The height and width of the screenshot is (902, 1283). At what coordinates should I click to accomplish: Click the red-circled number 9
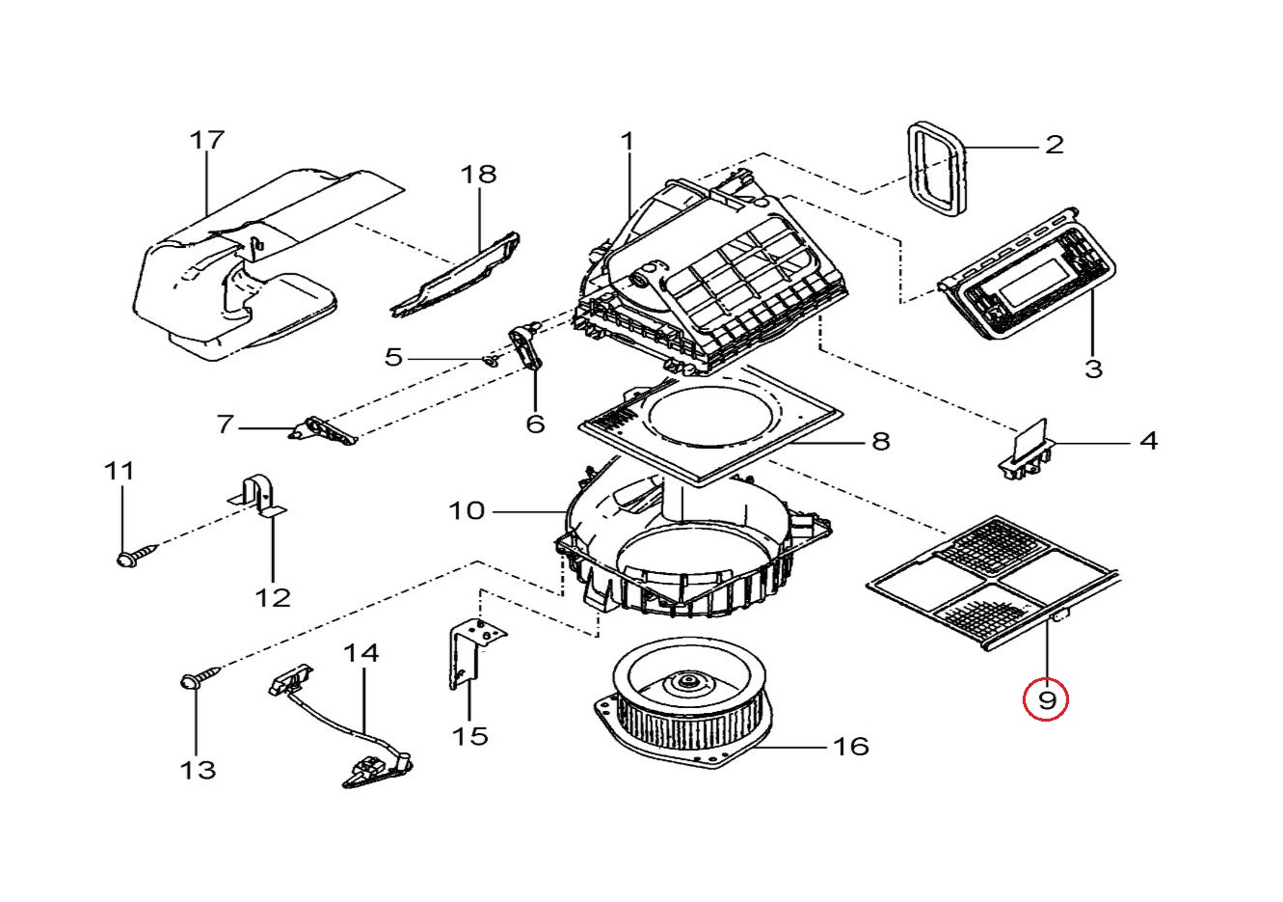1047,697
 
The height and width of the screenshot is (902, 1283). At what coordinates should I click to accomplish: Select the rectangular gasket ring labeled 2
937,169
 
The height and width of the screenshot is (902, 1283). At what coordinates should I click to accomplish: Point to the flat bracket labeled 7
325,432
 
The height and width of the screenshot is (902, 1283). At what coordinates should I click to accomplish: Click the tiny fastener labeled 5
491,361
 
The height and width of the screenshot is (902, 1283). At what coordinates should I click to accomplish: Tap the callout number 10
467,509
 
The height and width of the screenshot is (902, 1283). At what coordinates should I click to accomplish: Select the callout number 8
880,442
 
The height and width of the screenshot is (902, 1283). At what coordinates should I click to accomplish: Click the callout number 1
628,142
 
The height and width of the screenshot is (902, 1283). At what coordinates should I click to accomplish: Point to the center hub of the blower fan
688,682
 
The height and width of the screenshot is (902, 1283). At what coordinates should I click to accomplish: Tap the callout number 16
850,746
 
